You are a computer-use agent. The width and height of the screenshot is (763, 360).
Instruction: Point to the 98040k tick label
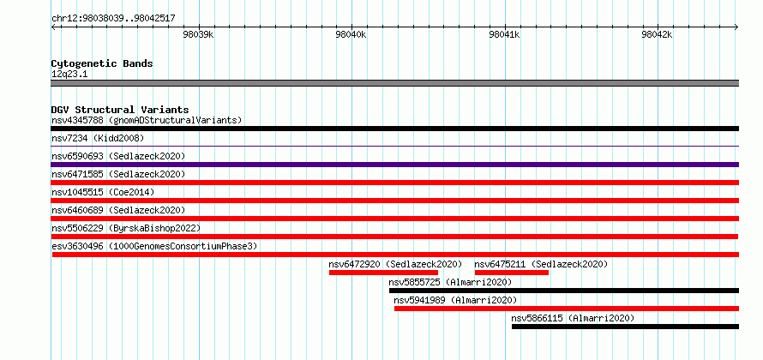click(351, 34)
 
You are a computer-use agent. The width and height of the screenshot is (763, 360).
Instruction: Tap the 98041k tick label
click(504, 34)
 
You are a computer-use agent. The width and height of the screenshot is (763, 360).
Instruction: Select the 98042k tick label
click(657, 34)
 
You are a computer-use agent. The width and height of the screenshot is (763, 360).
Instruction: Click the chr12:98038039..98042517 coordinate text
click(113, 19)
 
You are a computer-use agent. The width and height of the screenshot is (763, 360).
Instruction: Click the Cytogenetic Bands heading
click(102, 63)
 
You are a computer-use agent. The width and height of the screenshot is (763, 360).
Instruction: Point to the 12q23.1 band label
click(69, 75)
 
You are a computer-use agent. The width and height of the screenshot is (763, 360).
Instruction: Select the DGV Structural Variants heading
click(120, 110)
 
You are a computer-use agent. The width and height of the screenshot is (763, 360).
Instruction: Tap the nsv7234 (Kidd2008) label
click(98, 138)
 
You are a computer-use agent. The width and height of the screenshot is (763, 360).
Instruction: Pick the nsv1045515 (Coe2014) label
click(103, 192)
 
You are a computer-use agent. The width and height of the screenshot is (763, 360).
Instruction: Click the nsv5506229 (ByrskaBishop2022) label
click(126, 228)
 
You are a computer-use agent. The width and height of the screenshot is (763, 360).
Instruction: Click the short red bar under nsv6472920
click(383, 273)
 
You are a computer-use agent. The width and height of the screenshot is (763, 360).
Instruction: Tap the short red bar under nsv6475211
click(512, 273)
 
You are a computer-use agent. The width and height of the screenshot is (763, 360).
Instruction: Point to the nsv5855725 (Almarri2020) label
click(450, 282)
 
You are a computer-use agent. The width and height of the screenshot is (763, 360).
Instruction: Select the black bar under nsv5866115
click(625, 327)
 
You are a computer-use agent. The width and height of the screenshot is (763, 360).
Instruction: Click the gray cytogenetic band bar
click(394, 83)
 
